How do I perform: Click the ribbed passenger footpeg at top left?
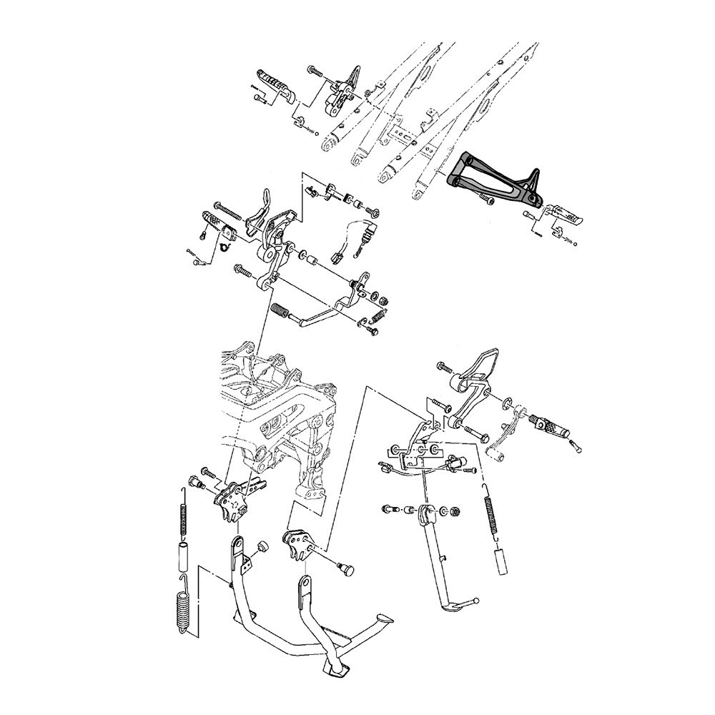tap(275, 86)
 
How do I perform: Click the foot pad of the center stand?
tap(336, 669)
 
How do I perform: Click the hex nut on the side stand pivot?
tap(455, 512)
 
